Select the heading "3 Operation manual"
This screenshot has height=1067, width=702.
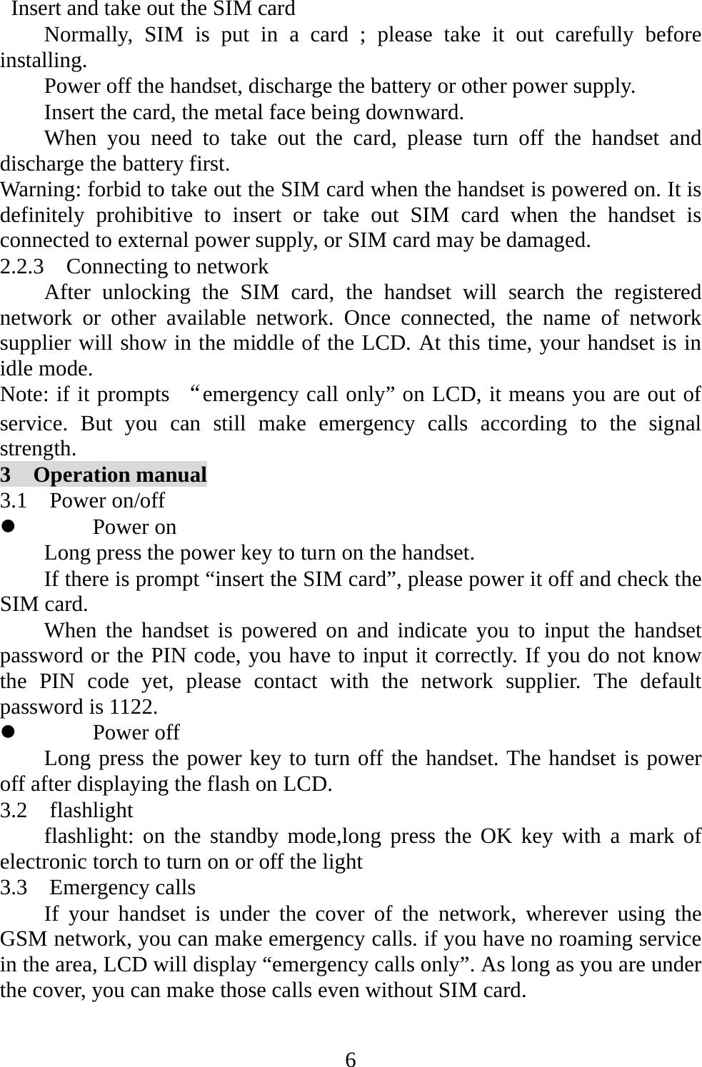coord(104,475)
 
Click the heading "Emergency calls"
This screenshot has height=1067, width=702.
coord(122,887)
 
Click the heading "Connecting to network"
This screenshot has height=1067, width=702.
coord(167,267)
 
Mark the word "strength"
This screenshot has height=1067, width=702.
coord(37,449)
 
